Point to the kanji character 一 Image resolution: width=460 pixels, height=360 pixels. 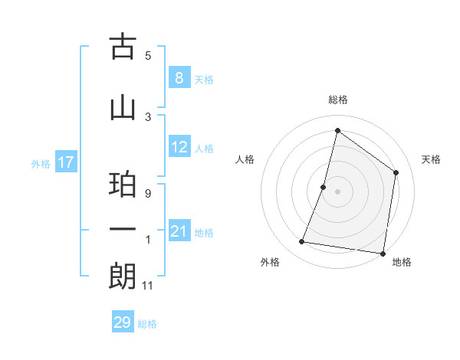point(123,229)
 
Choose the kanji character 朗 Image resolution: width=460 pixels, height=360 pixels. point(123,277)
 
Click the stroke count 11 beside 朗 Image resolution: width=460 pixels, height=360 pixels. point(149,286)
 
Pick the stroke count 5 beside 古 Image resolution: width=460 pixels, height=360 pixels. point(148,55)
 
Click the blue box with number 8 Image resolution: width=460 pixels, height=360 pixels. point(179,77)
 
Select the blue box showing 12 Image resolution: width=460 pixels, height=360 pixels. point(179,147)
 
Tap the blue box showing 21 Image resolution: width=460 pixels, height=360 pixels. point(179,231)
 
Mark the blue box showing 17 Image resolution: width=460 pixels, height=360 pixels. point(65,162)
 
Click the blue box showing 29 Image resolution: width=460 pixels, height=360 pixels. point(122,322)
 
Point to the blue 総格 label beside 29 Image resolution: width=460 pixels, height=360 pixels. point(147,324)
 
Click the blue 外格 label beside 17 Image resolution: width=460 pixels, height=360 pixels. point(41,163)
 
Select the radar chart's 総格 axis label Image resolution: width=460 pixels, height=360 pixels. point(337,100)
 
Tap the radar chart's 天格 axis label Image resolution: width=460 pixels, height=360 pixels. point(432,159)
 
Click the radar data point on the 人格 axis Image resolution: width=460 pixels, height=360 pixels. point(324,187)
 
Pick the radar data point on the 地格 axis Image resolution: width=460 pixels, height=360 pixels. point(383,253)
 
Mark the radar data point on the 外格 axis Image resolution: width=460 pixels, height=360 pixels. point(302,242)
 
